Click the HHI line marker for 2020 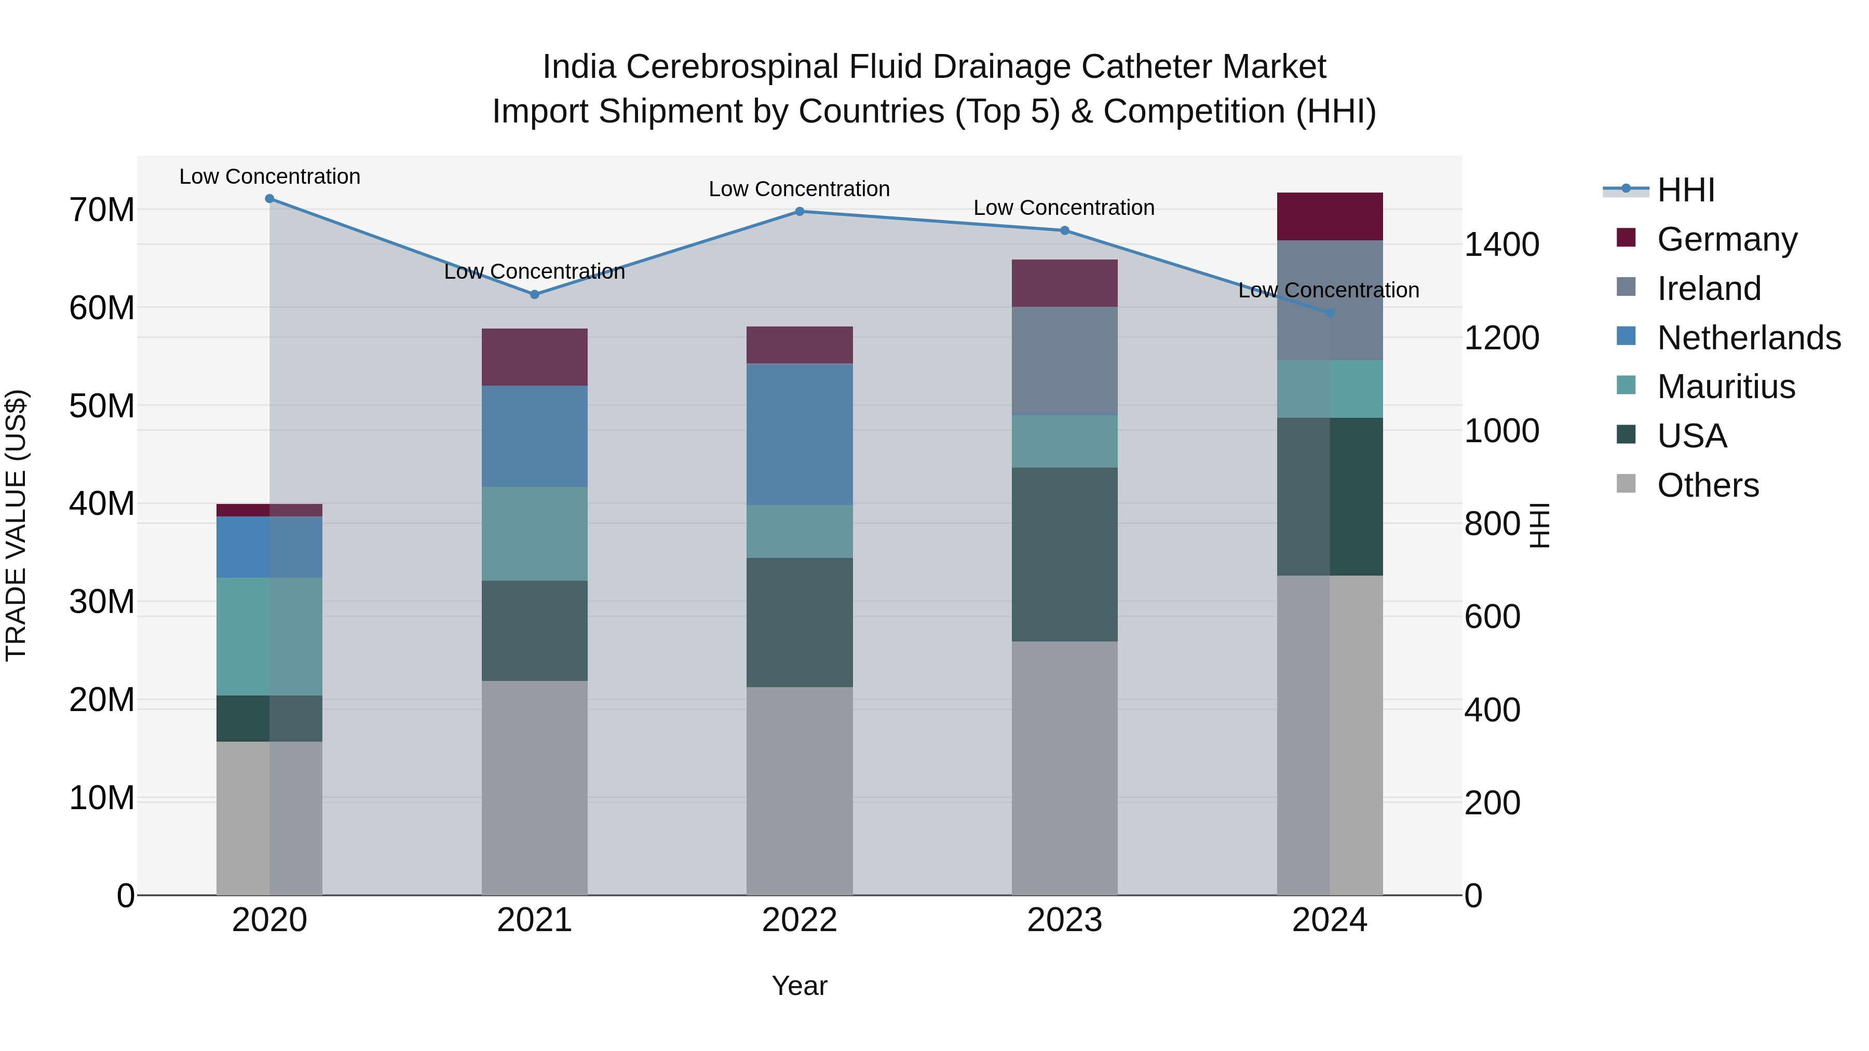pyautogui.click(x=269, y=199)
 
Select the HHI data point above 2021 pyautogui.click(x=535, y=294)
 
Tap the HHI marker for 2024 pyautogui.click(x=1330, y=313)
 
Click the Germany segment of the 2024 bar pyautogui.click(x=1330, y=216)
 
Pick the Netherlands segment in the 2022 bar pyautogui.click(x=800, y=434)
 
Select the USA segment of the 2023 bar pyautogui.click(x=1064, y=554)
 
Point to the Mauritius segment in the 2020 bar pyautogui.click(x=269, y=636)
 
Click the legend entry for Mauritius pyautogui.click(x=1725, y=387)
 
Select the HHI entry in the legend pyautogui.click(x=1685, y=190)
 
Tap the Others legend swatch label pyautogui.click(x=1707, y=485)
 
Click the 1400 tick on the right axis pyautogui.click(x=1501, y=244)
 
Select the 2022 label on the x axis pyautogui.click(x=800, y=920)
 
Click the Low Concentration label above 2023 pyautogui.click(x=1064, y=208)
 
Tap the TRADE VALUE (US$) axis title pyautogui.click(x=16, y=525)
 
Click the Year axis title pyautogui.click(x=800, y=986)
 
